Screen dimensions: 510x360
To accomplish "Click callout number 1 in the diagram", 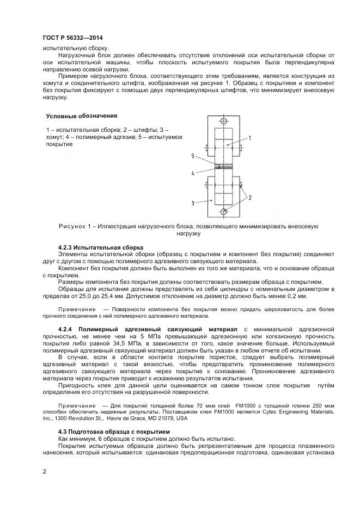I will (249, 138).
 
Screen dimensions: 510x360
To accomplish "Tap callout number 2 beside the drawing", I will (249, 197).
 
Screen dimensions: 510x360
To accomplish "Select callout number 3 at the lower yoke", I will (193, 203).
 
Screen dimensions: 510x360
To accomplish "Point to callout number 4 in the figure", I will (193, 174).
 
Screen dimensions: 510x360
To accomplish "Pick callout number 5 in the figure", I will (193, 156).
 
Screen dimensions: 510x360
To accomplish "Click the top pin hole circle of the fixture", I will (223, 121).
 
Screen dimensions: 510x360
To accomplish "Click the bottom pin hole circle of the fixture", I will (223, 211).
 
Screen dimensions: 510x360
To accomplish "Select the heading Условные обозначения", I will (81, 116).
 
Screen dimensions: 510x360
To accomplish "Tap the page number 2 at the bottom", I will (44, 471).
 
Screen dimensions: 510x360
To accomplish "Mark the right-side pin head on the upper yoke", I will (240, 147).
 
